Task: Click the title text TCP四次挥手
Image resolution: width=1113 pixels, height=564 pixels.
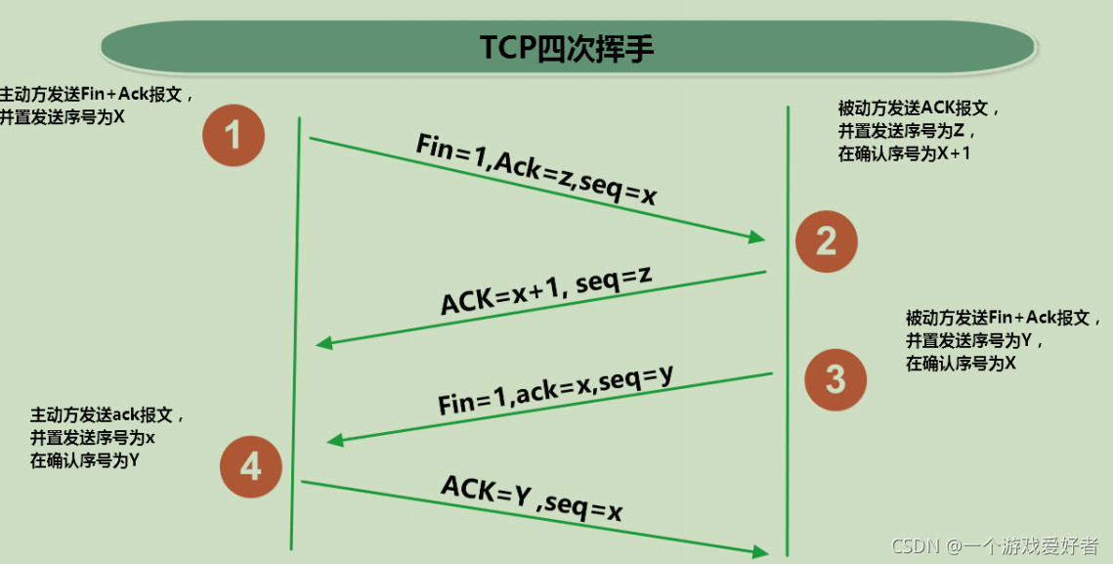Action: click(x=566, y=47)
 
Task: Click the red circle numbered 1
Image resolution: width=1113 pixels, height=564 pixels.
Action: click(x=234, y=135)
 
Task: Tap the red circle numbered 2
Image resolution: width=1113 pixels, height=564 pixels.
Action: click(x=826, y=239)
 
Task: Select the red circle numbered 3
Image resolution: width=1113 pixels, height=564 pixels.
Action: click(x=835, y=378)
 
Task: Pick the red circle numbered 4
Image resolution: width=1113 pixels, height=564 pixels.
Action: click(x=251, y=466)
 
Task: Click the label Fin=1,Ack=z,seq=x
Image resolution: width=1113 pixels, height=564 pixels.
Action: click(x=535, y=169)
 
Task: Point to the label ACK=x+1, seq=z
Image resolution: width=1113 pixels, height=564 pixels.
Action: click(x=545, y=289)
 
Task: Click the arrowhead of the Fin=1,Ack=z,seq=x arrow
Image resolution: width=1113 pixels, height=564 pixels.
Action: click(x=757, y=239)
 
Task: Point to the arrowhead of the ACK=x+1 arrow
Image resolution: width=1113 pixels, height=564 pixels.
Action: click(x=323, y=343)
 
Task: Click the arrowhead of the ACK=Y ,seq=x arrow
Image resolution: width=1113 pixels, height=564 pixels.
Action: click(x=761, y=552)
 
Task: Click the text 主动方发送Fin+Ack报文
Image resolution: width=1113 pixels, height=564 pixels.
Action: click(x=89, y=96)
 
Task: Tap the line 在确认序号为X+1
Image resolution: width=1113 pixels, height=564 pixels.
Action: click(x=904, y=152)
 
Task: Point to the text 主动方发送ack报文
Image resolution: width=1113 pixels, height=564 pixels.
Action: click(x=107, y=414)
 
